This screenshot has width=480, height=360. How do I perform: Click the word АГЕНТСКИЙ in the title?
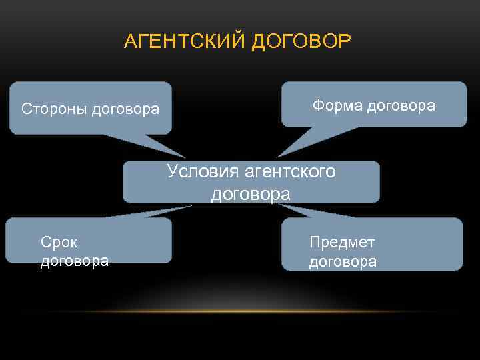click(186, 42)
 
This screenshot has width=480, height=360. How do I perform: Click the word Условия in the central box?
click(203, 171)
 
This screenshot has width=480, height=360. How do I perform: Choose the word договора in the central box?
click(251, 194)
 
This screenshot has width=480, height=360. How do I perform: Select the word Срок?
click(59, 242)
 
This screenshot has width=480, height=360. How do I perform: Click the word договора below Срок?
click(75, 261)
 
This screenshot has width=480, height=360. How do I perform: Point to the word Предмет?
click(342, 242)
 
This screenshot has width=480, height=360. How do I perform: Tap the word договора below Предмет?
click(343, 261)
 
